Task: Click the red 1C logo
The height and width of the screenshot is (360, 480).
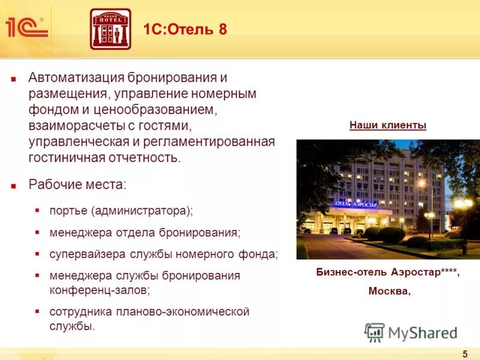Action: [x=26, y=28]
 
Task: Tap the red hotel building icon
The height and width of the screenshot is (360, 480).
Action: [x=110, y=28]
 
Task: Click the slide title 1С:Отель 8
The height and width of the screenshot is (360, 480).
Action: [x=185, y=29]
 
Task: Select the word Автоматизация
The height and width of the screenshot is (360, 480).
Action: [x=75, y=79]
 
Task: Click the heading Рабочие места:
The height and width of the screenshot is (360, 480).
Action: [x=77, y=184]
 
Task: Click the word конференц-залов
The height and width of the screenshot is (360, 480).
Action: [x=99, y=289]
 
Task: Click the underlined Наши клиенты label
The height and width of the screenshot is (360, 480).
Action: [x=388, y=125]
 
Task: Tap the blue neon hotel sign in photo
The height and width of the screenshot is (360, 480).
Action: [x=356, y=204]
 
